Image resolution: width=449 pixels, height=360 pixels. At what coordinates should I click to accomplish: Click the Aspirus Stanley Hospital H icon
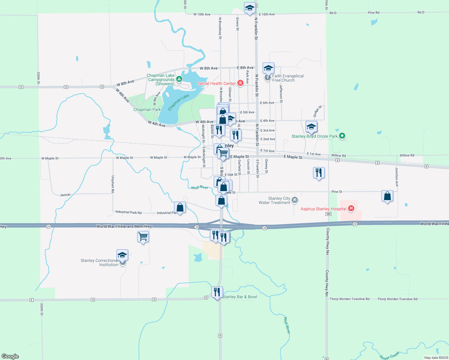pyautogui.click(x=351, y=208)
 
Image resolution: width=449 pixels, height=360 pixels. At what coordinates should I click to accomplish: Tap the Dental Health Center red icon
pyautogui.click(x=240, y=83)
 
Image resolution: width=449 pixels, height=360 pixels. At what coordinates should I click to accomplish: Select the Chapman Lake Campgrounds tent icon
pyautogui.click(x=179, y=79)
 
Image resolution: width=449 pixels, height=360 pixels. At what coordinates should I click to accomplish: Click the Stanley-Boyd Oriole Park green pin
pyautogui.click(x=342, y=136)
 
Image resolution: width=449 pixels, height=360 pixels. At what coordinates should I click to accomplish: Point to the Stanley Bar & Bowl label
pyautogui.click(x=240, y=297)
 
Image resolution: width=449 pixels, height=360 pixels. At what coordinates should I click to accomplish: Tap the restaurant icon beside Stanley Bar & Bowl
pyautogui.click(x=217, y=292)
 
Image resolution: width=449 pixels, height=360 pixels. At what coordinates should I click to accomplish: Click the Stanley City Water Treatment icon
pyautogui.click(x=295, y=200)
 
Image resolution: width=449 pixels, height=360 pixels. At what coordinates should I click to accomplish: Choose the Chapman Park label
pyautogui.click(x=147, y=109)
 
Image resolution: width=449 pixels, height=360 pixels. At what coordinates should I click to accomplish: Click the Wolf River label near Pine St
pyautogui.click(x=200, y=187)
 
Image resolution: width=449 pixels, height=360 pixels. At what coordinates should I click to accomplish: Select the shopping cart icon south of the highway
pyautogui.click(x=143, y=237)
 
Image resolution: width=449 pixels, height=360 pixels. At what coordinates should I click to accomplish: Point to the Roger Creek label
pyautogui.click(x=389, y=355)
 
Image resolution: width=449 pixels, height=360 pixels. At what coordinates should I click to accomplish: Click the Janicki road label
pyautogui.click(x=65, y=195)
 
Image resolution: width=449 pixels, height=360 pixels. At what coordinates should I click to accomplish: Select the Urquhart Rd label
pyautogui.click(x=113, y=184)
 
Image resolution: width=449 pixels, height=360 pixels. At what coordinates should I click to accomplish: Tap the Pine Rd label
pyautogui.click(x=373, y=13)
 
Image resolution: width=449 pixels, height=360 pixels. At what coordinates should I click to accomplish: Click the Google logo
pyautogui.click(x=10, y=356)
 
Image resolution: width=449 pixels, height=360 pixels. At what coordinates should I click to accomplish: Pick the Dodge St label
pyautogui.click(x=317, y=111)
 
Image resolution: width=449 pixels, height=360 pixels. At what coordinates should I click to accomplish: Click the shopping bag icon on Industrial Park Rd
pyautogui.click(x=180, y=207)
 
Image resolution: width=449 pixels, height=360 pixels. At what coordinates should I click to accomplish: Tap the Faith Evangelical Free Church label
pyautogui.click(x=288, y=78)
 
